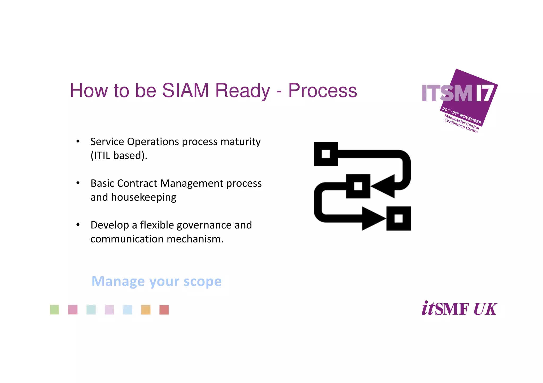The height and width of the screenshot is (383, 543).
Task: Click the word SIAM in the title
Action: click(x=185, y=91)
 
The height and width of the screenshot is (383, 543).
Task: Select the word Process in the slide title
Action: click(x=322, y=91)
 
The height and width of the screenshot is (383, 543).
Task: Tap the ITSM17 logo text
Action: click(x=458, y=93)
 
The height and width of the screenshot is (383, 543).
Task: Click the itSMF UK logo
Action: click(x=459, y=309)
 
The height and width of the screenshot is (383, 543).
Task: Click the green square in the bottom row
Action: click(x=55, y=310)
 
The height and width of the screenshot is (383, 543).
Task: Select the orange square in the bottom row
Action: click(x=146, y=310)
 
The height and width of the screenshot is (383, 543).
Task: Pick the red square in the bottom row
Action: click(x=164, y=310)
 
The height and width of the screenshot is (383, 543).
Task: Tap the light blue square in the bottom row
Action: click(x=128, y=310)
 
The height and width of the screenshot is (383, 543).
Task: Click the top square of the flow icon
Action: click(x=326, y=154)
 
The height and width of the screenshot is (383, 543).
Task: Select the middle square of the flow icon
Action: click(x=358, y=186)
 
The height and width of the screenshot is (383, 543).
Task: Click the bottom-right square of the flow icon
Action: click(x=399, y=218)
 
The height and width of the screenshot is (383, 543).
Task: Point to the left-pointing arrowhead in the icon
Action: click(x=384, y=186)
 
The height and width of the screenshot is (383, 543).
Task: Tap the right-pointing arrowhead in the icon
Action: click(x=373, y=219)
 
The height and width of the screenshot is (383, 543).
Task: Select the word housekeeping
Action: click(x=144, y=197)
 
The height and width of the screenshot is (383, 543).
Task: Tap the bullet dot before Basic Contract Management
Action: click(x=78, y=183)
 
